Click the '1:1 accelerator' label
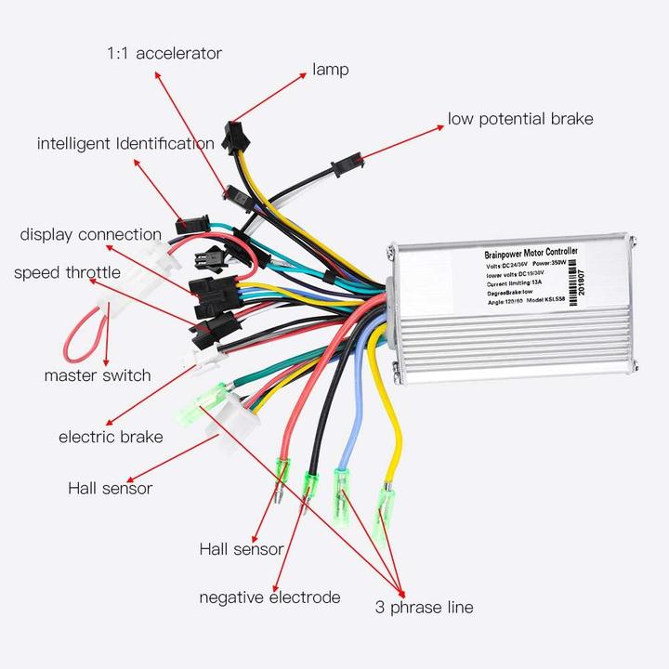[x=164, y=53]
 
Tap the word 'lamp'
[x=331, y=70]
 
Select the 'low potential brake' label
[x=520, y=119]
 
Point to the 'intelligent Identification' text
[x=125, y=144]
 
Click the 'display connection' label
[x=91, y=235]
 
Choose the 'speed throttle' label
[x=67, y=272]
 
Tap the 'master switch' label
[x=98, y=375]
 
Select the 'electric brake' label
[x=111, y=437]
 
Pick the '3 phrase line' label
[x=424, y=608]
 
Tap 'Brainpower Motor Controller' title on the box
[x=531, y=253]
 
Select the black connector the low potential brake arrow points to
[x=342, y=168]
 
